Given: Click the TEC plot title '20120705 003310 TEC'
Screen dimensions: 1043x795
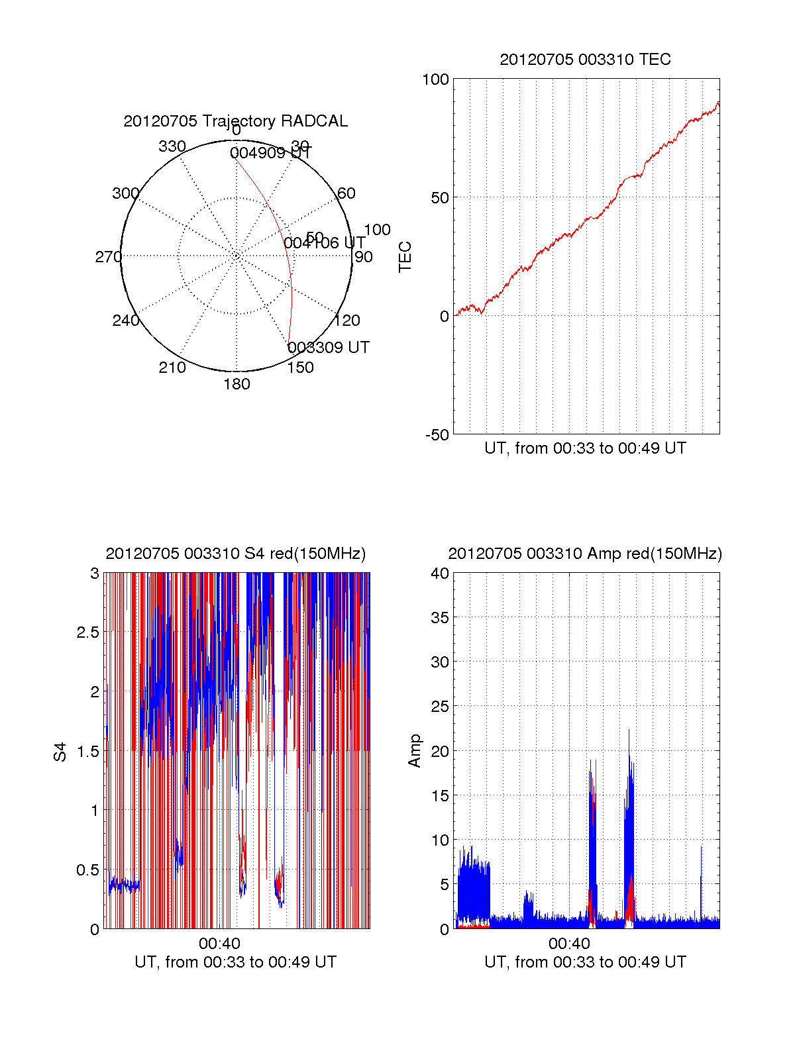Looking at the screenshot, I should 585,60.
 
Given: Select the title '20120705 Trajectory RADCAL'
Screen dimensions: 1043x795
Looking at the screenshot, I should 236,121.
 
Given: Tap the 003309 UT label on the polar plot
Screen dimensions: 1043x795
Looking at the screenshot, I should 329,348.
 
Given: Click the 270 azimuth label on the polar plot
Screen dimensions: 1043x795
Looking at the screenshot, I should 108,257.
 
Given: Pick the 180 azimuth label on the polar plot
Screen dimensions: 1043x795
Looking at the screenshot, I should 237,384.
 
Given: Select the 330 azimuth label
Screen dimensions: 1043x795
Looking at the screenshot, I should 172,146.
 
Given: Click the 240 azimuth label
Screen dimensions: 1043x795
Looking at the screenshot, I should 125,321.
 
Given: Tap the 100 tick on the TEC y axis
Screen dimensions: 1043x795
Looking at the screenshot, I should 435,79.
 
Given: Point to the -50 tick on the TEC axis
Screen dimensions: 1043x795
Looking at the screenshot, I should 437,435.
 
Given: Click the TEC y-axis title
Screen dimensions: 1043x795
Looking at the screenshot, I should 405,257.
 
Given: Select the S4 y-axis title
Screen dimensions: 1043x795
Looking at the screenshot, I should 60,752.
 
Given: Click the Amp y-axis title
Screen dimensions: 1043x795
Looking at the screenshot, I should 415,751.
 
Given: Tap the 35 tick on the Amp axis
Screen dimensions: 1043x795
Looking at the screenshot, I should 440,618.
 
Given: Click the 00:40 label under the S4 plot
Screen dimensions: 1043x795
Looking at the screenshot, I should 219,944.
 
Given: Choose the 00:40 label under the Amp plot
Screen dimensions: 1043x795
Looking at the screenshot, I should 569,944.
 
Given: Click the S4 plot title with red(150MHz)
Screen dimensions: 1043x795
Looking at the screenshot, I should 236,554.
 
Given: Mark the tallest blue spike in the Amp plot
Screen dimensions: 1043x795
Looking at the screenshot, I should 629,730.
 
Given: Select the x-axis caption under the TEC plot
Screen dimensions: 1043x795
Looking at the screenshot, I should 585,448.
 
